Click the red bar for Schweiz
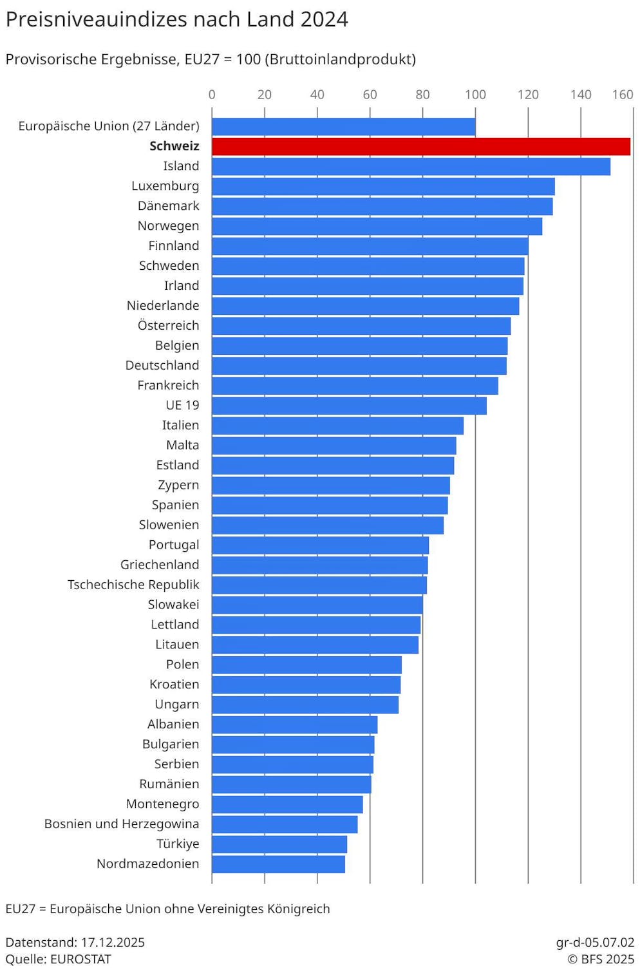pos(420,146)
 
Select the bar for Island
pos(411,166)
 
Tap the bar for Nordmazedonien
pos(278,864)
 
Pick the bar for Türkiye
pos(279,844)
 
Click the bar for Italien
pos(337,426)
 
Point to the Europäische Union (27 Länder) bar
pos(343,126)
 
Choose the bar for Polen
pos(306,665)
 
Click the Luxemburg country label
pos(165,186)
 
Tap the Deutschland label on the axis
pos(162,365)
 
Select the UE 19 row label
pos(182,405)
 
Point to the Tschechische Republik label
pos(133,585)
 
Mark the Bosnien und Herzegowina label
pos(122,824)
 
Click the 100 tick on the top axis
pos(475,95)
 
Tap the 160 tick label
pos(623,95)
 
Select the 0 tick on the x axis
pos(212,95)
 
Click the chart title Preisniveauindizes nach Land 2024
pos(176,19)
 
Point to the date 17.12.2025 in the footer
pos(113,942)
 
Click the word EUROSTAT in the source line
pos(80,959)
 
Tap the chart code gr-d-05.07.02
pos(595,942)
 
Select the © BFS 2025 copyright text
pos(601,959)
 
